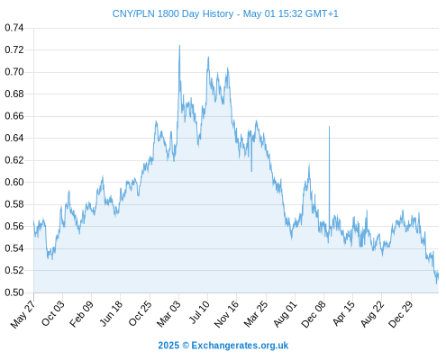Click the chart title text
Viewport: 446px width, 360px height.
click(x=225, y=13)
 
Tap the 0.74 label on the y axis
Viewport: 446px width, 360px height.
click(x=14, y=28)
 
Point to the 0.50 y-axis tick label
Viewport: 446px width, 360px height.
click(x=14, y=292)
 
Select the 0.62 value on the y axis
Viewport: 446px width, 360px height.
click(x=14, y=160)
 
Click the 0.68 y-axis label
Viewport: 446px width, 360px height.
click(x=14, y=94)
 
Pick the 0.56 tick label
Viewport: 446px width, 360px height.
click(x=14, y=226)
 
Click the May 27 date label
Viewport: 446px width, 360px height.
click(x=23, y=314)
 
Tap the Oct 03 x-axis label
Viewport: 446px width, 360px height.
click(x=53, y=313)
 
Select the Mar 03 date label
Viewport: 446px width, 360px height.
click(x=168, y=313)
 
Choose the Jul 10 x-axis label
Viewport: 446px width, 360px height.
click(x=199, y=312)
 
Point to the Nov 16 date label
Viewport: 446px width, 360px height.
click(x=226, y=314)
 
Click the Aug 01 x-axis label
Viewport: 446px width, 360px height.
click(x=286, y=314)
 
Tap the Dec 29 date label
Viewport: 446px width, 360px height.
click(x=401, y=314)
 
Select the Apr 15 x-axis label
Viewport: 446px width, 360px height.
click(x=344, y=313)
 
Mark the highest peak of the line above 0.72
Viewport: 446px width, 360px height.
click(x=179, y=45)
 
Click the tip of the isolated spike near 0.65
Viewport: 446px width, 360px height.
click(x=329, y=127)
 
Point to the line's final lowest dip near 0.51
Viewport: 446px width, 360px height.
click(x=436, y=283)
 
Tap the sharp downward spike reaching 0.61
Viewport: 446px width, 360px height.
click(x=251, y=171)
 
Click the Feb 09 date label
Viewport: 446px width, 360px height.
click(x=81, y=314)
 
